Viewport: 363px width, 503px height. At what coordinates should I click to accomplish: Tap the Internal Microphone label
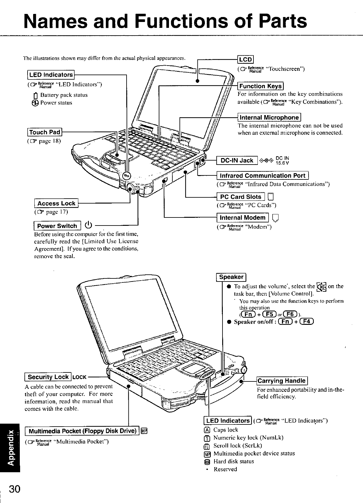coord(269,118)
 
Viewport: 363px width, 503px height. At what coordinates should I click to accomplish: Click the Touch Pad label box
coord(45,132)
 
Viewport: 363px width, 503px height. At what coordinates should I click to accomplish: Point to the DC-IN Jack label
coord(237,160)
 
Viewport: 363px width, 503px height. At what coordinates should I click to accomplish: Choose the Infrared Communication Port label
coord(262,176)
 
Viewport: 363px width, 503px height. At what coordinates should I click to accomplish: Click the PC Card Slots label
coord(241,197)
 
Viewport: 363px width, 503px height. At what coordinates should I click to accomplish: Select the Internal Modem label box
coord(243,218)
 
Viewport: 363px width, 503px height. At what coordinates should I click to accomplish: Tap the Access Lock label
coord(56,203)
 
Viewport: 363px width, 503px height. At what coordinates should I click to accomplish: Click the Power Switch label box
coord(57,226)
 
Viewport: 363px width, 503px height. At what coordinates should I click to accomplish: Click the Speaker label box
coord(231,277)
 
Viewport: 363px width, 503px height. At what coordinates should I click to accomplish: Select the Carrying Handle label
coord(282,381)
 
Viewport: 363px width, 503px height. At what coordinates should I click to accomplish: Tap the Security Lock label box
coord(48,377)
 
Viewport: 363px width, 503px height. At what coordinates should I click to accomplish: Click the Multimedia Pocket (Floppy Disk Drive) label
coord(82,431)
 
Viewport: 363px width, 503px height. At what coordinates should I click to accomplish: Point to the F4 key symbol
coord(308,322)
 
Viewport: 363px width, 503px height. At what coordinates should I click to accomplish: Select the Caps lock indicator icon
coord(207,430)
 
